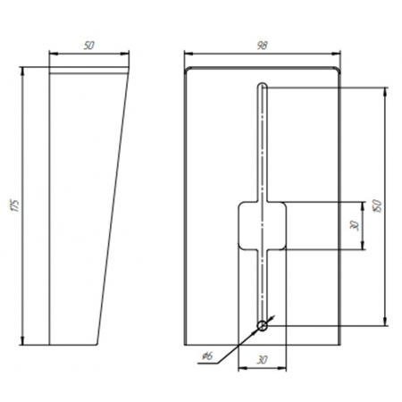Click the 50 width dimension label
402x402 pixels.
89,46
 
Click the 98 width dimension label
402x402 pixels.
263,46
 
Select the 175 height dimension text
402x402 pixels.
15,205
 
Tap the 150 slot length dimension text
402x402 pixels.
377,205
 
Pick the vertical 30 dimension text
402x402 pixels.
355,225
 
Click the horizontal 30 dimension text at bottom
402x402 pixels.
262,360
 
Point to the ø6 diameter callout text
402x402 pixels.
207,356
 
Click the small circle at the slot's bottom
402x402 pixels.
263,326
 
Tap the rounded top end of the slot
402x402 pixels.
263,85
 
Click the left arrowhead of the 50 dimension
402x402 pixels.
53,54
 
